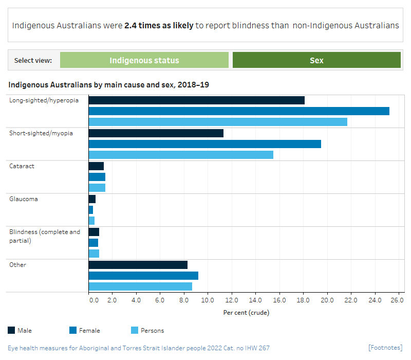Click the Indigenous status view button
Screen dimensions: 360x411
144,60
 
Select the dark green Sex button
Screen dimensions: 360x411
316,60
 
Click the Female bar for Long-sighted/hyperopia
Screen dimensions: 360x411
239,111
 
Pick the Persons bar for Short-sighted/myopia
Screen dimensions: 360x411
181,155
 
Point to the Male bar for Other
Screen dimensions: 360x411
138,265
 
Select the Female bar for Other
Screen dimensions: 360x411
143,276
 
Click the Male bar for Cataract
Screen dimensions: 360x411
96,166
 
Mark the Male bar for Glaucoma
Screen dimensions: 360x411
92,199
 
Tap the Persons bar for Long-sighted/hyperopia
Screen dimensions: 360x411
218,122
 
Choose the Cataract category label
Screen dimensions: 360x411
22,166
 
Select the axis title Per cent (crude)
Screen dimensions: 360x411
246,312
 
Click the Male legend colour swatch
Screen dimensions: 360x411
11,330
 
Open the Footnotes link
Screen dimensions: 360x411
385,348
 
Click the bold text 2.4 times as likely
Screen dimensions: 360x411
159,25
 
